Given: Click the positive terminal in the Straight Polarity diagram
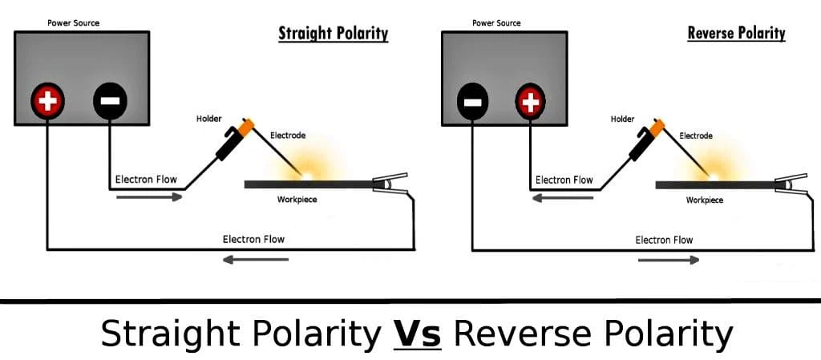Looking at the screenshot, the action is pos(47,100).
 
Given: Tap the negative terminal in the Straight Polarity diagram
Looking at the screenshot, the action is pos(110,100).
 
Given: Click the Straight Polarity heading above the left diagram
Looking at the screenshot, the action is pos(333,34).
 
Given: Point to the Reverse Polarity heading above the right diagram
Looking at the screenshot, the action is pos(736,34).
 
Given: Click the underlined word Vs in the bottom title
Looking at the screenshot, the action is pos(417,333).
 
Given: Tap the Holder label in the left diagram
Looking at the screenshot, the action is pos(208,119).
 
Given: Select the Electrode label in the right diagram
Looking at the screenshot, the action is pos(696,136).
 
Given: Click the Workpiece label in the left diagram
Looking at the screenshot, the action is pos(297,200).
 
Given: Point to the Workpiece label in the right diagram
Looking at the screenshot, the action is pos(705,200).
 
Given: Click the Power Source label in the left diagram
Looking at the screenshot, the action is pos(73,23).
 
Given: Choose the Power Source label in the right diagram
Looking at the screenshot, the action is pos(496,23).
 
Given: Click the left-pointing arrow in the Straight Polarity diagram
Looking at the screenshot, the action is pos(256,260).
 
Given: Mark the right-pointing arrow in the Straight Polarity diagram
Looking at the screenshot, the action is pos(149,196).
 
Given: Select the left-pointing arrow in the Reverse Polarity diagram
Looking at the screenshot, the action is pos(563,197).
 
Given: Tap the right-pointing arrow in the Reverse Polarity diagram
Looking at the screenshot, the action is pos(669,260).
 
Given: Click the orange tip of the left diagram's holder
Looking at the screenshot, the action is pos(245,126).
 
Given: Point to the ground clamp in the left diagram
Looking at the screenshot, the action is pos(390,184).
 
